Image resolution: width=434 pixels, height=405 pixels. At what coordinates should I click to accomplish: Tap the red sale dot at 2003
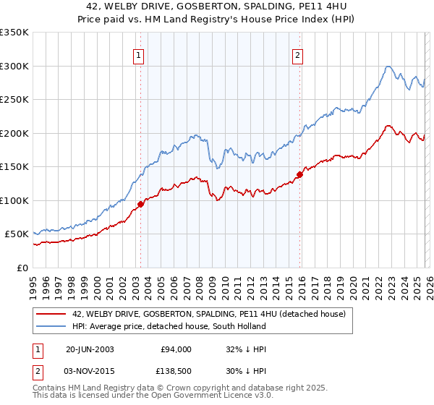pyautogui.click(x=140, y=204)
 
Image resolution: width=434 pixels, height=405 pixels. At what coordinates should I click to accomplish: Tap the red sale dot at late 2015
pyautogui.click(x=299, y=174)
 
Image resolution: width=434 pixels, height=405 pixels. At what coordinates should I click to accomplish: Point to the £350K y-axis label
pyautogui.click(x=14, y=33)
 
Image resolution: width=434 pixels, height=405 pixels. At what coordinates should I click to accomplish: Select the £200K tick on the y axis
pyautogui.click(x=14, y=133)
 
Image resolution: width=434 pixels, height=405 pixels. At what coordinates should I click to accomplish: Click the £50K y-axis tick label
pyautogui.click(x=17, y=234)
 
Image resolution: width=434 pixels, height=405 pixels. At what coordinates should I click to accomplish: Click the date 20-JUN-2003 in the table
pyautogui.click(x=90, y=349)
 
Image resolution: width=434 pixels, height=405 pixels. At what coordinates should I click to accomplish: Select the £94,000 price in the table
pyautogui.click(x=176, y=349)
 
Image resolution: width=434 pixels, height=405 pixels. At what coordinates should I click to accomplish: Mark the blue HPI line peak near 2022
pyautogui.click(x=388, y=67)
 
